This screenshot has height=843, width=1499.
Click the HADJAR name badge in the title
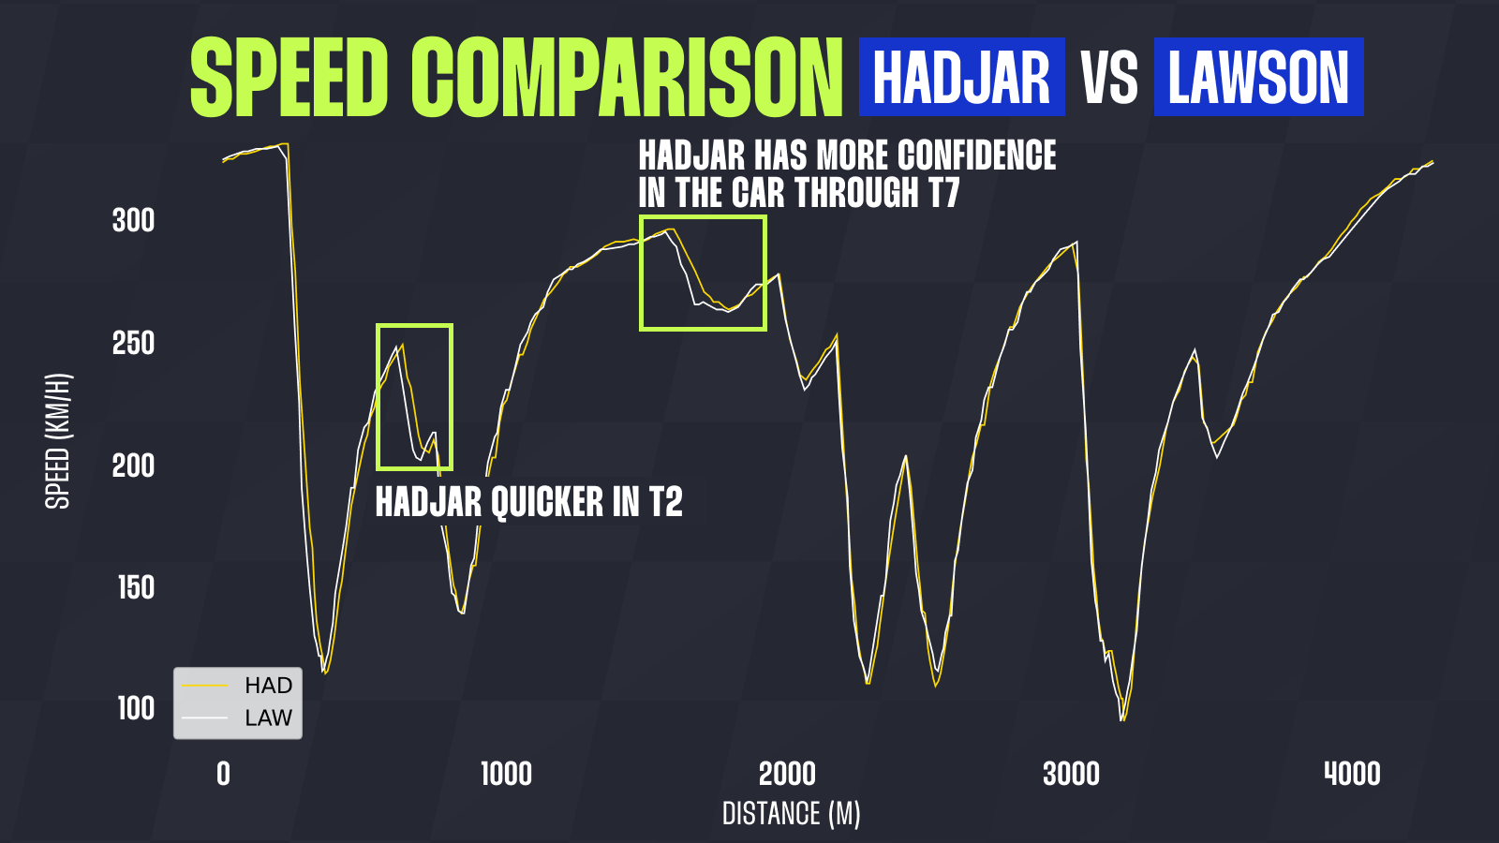961,77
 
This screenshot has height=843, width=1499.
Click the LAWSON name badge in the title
1259,77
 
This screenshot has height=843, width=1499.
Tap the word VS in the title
1109,79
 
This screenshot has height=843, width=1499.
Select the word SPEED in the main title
289,77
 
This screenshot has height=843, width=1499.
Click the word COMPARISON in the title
627,77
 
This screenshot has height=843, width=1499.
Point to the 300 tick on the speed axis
133,220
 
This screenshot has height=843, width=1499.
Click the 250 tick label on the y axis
133,343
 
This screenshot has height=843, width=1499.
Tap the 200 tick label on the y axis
133,466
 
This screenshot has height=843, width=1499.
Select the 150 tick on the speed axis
136,587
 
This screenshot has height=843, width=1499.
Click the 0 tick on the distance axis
224,774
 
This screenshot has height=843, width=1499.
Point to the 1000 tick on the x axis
507,774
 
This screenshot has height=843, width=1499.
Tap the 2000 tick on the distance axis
788,774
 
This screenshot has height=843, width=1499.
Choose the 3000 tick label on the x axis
1072,774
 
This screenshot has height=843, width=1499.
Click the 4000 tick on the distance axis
1353,774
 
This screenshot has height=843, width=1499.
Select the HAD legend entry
238,686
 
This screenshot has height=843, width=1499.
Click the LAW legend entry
238,717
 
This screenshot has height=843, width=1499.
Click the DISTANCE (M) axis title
791,814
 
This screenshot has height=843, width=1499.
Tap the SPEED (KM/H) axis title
57,441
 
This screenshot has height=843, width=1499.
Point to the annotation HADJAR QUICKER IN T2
528,502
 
